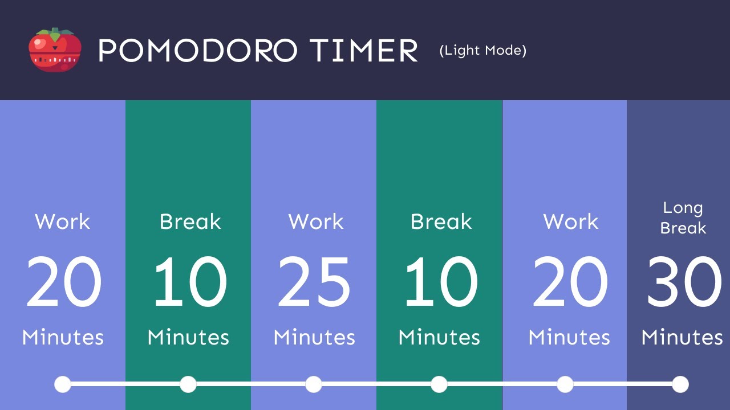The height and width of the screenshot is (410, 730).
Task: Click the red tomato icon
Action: [55, 51]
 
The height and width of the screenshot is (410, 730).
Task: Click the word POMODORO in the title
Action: [197, 51]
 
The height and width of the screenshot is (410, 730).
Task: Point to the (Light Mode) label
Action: [482, 51]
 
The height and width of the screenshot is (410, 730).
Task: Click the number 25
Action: [314, 282]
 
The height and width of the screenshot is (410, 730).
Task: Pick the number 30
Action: [683, 282]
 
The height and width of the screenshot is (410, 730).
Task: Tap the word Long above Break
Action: [683, 208]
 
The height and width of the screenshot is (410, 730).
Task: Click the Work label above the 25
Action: [316, 222]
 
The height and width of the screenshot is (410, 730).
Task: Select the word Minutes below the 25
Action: [314, 337]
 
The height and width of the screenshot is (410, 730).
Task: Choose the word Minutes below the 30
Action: [682, 337]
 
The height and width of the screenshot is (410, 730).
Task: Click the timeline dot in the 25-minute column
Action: [314, 384]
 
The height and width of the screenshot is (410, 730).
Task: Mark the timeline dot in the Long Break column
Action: [680, 384]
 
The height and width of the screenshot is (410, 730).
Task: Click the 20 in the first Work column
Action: [63, 282]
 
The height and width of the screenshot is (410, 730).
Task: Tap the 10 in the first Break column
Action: [189, 282]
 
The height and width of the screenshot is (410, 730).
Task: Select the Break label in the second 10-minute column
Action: [441, 222]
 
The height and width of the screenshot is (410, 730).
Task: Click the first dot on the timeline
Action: [63, 384]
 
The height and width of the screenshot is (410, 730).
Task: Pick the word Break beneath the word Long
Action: [683, 228]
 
